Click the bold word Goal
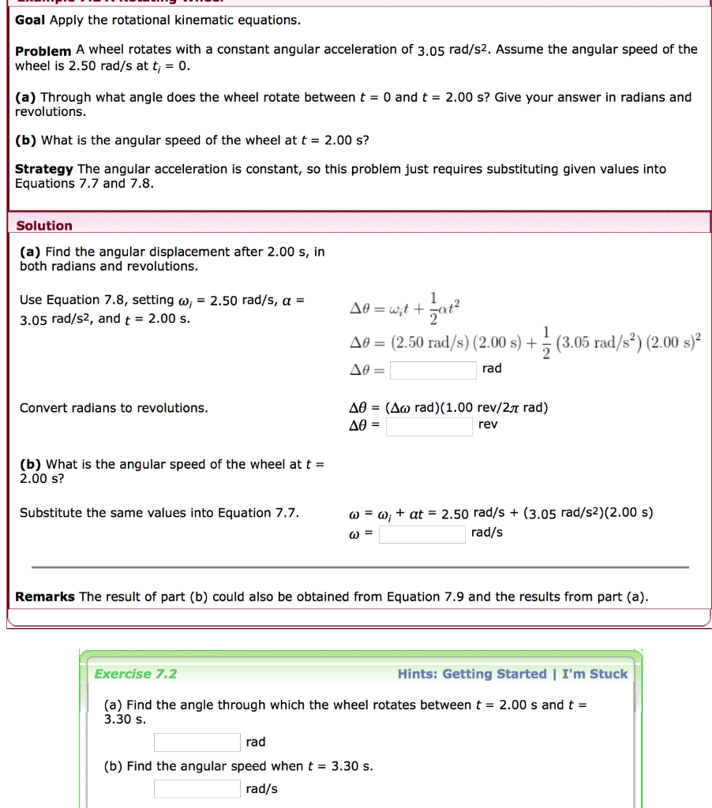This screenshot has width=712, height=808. (x=31, y=19)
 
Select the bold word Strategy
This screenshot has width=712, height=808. (x=44, y=169)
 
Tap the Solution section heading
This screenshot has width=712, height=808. (x=44, y=226)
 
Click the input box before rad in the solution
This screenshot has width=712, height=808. (x=433, y=369)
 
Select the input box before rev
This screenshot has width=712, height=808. (x=429, y=426)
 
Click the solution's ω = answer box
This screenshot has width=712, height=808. (x=422, y=534)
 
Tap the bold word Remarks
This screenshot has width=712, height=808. (x=45, y=597)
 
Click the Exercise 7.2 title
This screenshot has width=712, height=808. (x=135, y=674)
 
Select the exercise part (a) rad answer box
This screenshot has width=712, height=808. (x=197, y=743)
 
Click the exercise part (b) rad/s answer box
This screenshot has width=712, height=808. (x=197, y=789)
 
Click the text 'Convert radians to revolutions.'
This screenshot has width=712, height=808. (x=114, y=408)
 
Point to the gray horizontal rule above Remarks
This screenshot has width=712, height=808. (x=360, y=567)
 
